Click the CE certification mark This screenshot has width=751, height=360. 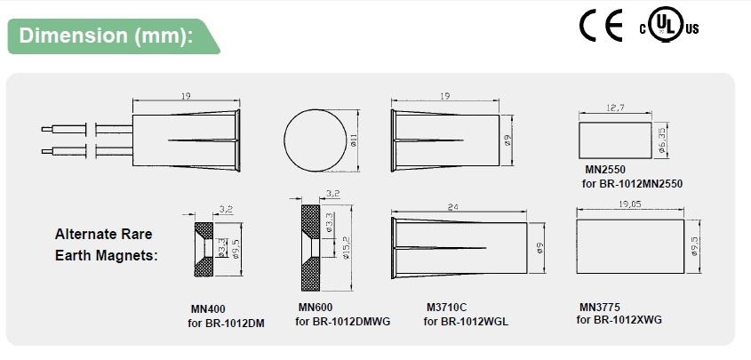(601, 25)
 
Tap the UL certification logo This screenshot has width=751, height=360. (669, 25)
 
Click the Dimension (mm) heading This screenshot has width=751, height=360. (106, 36)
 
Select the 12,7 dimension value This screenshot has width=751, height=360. (615, 108)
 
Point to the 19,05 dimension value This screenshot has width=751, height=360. (630, 204)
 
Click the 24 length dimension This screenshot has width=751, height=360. (452, 207)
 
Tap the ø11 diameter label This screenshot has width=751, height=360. (354, 140)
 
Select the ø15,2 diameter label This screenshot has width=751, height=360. (347, 249)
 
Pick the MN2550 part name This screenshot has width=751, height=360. (605, 170)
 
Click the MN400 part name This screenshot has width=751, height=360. (208, 309)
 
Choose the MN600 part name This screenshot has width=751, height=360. (316, 307)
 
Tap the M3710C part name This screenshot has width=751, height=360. (446, 307)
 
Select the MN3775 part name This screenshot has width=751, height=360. (600, 307)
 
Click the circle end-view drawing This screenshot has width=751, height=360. (316, 140)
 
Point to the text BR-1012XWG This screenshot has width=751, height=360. (627, 320)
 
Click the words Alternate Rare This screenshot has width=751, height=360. (103, 234)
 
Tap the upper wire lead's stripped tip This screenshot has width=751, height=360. (47, 129)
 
